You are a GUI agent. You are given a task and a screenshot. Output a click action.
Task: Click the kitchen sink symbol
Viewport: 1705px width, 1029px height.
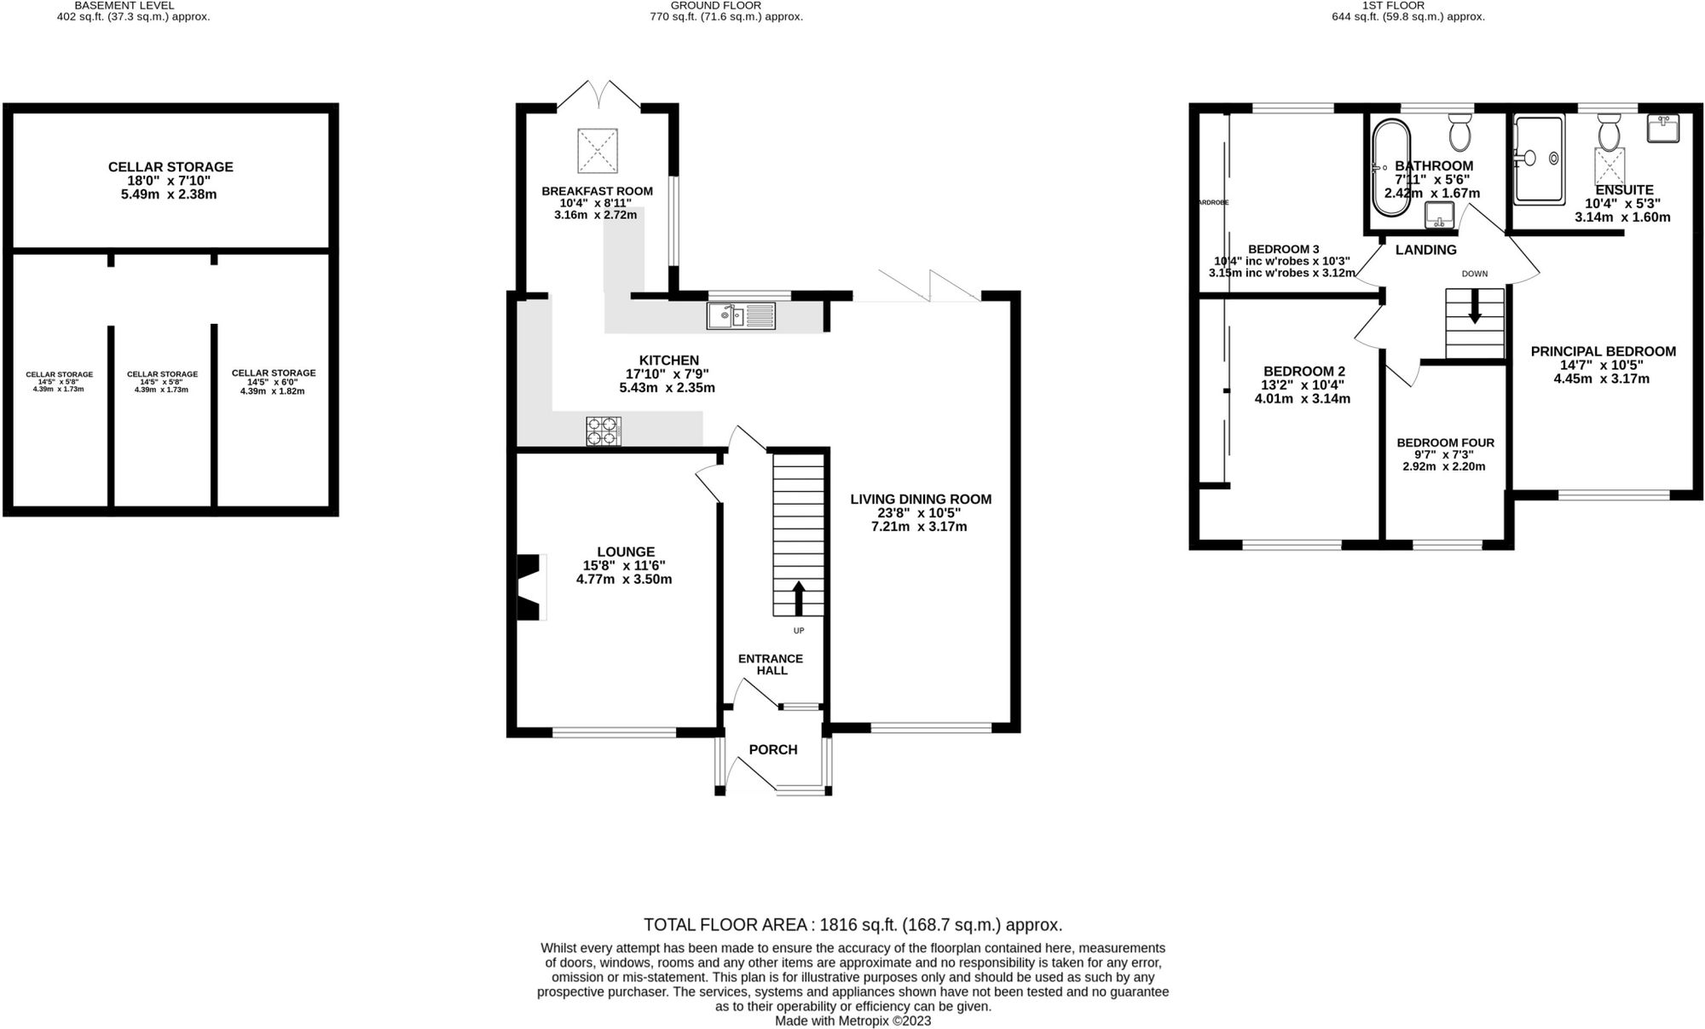(741, 315)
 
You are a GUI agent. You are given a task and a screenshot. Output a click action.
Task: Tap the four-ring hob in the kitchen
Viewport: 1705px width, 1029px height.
(603, 431)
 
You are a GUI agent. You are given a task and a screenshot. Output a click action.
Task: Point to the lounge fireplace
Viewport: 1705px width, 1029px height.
(530, 587)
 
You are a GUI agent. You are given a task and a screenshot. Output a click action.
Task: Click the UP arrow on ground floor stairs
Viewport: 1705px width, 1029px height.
(798, 598)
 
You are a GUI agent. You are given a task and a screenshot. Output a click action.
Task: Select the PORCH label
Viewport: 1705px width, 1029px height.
(772, 749)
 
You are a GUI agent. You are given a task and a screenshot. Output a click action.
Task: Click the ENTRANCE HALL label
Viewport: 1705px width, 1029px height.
(770, 664)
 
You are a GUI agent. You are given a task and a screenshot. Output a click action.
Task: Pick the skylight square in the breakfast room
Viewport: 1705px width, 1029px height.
(598, 151)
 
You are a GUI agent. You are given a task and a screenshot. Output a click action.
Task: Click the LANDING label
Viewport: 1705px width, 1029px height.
(1425, 250)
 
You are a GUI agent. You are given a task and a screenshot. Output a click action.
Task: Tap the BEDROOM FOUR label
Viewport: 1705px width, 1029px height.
(1445, 442)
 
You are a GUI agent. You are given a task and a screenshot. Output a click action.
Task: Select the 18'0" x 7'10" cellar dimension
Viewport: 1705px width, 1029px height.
(170, 181)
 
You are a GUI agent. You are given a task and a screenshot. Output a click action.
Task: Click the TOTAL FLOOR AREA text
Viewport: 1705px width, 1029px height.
(852, 925)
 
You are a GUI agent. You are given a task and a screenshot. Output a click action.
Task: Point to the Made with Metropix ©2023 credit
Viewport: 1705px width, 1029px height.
(852, 1020)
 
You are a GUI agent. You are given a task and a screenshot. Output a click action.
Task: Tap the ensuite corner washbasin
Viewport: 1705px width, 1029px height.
(1662, 129)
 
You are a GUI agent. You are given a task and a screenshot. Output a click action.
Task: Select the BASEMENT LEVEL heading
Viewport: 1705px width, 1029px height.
(124, 5)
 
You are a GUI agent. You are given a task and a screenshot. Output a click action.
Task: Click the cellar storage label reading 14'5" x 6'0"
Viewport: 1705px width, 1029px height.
(273, 382)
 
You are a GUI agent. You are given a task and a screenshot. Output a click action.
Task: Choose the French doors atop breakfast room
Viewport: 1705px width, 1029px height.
(599, 95)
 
